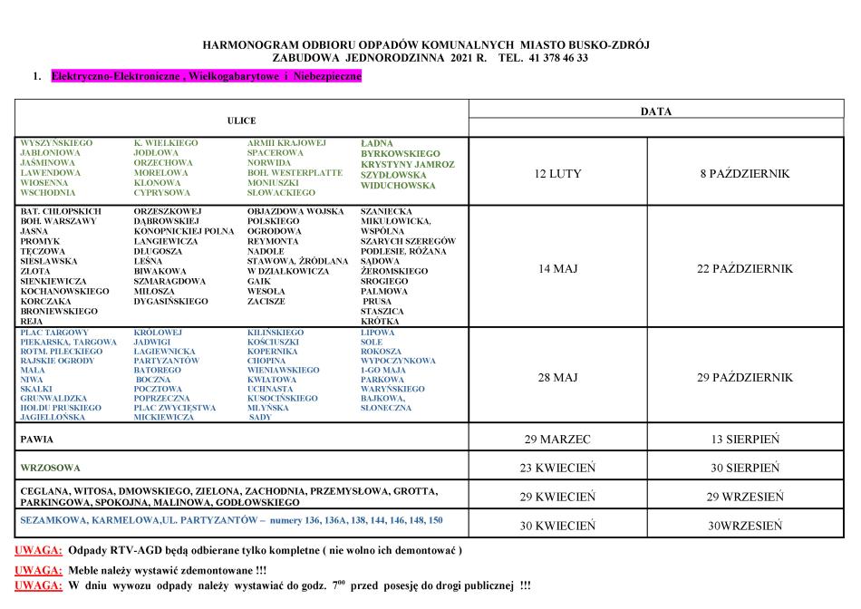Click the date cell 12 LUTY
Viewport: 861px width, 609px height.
pos(559,173)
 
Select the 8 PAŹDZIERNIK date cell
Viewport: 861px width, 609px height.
pos(746,173)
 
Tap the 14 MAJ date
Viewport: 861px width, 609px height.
pos(558,269)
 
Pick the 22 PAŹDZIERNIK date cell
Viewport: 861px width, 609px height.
pos(746,269)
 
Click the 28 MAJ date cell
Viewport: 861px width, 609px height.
pos(558,377)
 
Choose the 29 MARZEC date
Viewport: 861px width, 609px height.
pos(558,440)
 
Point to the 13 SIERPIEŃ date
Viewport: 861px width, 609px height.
pos(746,440)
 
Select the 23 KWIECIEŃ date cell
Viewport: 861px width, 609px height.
pos(558,469)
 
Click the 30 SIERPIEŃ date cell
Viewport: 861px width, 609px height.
pos(746,469)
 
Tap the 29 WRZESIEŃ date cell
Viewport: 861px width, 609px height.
pos(746,497)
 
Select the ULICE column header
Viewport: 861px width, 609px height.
pos(241,121)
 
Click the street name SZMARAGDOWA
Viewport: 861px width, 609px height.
pos(169,281)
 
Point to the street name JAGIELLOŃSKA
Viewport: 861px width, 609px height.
pos(56,418)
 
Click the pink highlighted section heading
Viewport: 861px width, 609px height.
pos(207,77)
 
